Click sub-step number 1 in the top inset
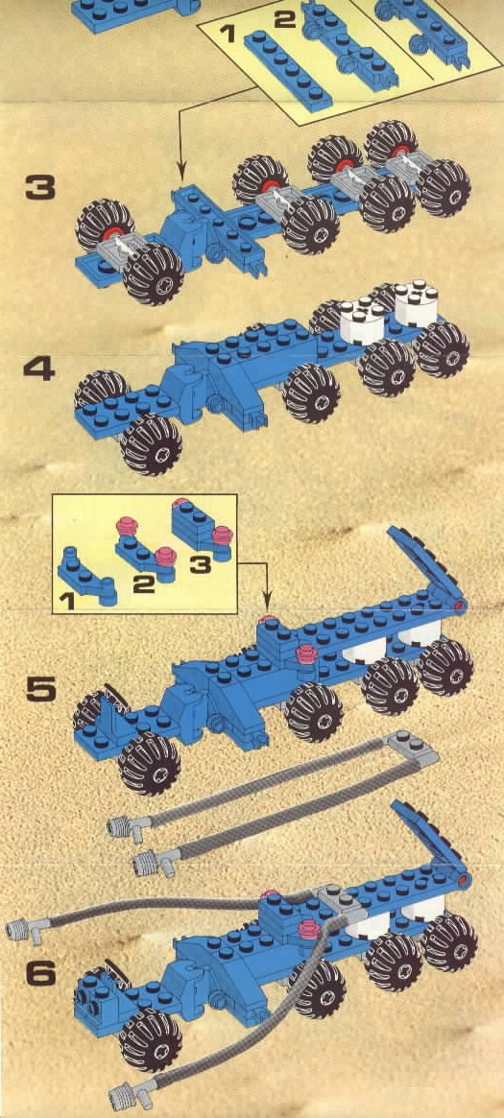228,34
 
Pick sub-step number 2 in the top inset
284,18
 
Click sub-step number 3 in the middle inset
201,565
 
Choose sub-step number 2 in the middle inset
143,584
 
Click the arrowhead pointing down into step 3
181,173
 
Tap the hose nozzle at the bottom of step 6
132,1092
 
